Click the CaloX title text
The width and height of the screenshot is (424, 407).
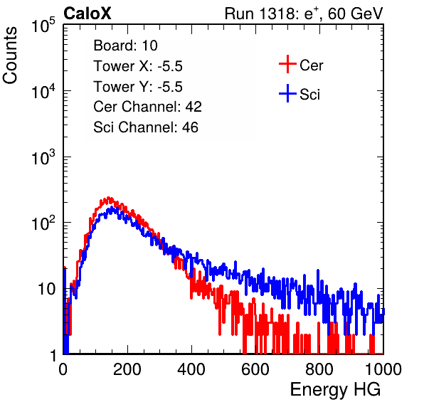[87, 14]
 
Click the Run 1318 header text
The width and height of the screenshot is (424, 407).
[304, 14]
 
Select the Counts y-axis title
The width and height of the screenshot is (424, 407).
[10, 55]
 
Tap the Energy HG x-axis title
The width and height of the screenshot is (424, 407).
[335, 390]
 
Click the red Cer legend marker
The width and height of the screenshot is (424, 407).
[287, 64]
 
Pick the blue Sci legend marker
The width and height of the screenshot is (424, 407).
[287, 94]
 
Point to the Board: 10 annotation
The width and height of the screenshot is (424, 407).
[125, 45]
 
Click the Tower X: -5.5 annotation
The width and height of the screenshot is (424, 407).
[138, 66]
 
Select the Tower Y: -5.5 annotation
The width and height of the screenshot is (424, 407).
[138, 87]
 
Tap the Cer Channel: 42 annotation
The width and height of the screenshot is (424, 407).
[148, 107]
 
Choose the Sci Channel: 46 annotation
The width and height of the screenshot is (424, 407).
[146, 127]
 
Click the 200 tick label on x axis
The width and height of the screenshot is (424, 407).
[127, 369]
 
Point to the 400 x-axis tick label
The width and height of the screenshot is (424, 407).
[191, 369]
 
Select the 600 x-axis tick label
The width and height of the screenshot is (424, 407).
[255, 369]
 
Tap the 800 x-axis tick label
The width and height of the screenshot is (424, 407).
[319, 369]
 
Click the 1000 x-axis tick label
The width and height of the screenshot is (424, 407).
[383, 369]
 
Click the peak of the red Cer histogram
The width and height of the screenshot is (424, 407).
[108, 197]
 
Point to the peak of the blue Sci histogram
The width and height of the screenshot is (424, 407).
[112, 207]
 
